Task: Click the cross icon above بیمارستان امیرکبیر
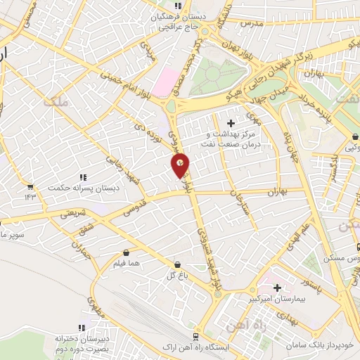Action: [277, 288]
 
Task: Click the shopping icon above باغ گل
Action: [178, 265]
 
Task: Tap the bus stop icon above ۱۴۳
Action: [30, 187]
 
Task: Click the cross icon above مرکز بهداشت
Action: [231, 124]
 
